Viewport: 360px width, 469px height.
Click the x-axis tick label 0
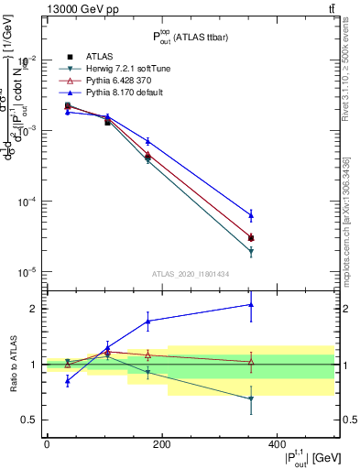tap(47, 444)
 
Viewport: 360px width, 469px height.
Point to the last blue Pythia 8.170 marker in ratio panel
tap(251, 304)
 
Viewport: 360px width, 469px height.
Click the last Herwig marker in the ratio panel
tap(251, 398)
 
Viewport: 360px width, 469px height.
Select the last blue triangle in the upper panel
tap(251, 215)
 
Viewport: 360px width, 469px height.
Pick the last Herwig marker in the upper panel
tap(251, 251)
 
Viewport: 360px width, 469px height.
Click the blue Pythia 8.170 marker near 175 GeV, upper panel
tap(148, 141)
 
